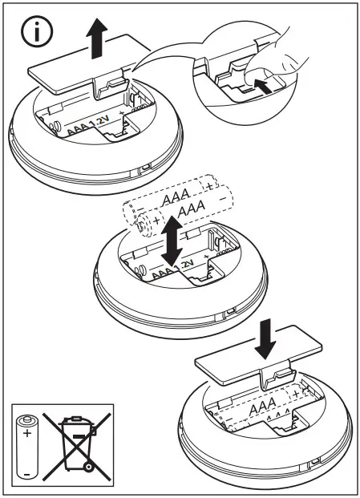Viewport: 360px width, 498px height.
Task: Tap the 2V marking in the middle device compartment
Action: [x=187, y=263]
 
